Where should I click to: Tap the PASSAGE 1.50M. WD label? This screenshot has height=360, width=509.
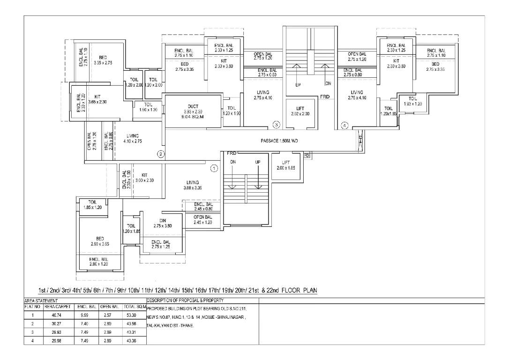click(x=279, y=141)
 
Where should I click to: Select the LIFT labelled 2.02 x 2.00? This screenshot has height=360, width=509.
click(x=300, y=111)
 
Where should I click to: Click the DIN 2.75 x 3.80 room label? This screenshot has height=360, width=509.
click(x=163, y=223)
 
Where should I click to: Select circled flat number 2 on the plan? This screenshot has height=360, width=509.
click(x=160, y=153)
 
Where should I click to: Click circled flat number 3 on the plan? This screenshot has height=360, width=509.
click(x=277, y=125)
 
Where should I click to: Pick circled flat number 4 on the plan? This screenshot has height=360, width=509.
click(x=344, y=125)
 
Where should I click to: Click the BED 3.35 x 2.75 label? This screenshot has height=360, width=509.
click(x=103, y=60)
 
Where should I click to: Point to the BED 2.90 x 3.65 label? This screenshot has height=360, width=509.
click(x=100, y=241)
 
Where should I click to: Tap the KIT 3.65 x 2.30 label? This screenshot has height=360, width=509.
click(x=97, y=99)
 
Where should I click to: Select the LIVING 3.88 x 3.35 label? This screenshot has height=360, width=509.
click(x=192, y=185)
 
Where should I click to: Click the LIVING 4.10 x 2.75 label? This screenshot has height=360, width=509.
click(x=133, y=138)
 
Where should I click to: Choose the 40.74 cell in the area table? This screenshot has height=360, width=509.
click(x=58, y=315)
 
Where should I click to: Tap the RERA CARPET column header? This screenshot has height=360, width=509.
click(x=58, y=307)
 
